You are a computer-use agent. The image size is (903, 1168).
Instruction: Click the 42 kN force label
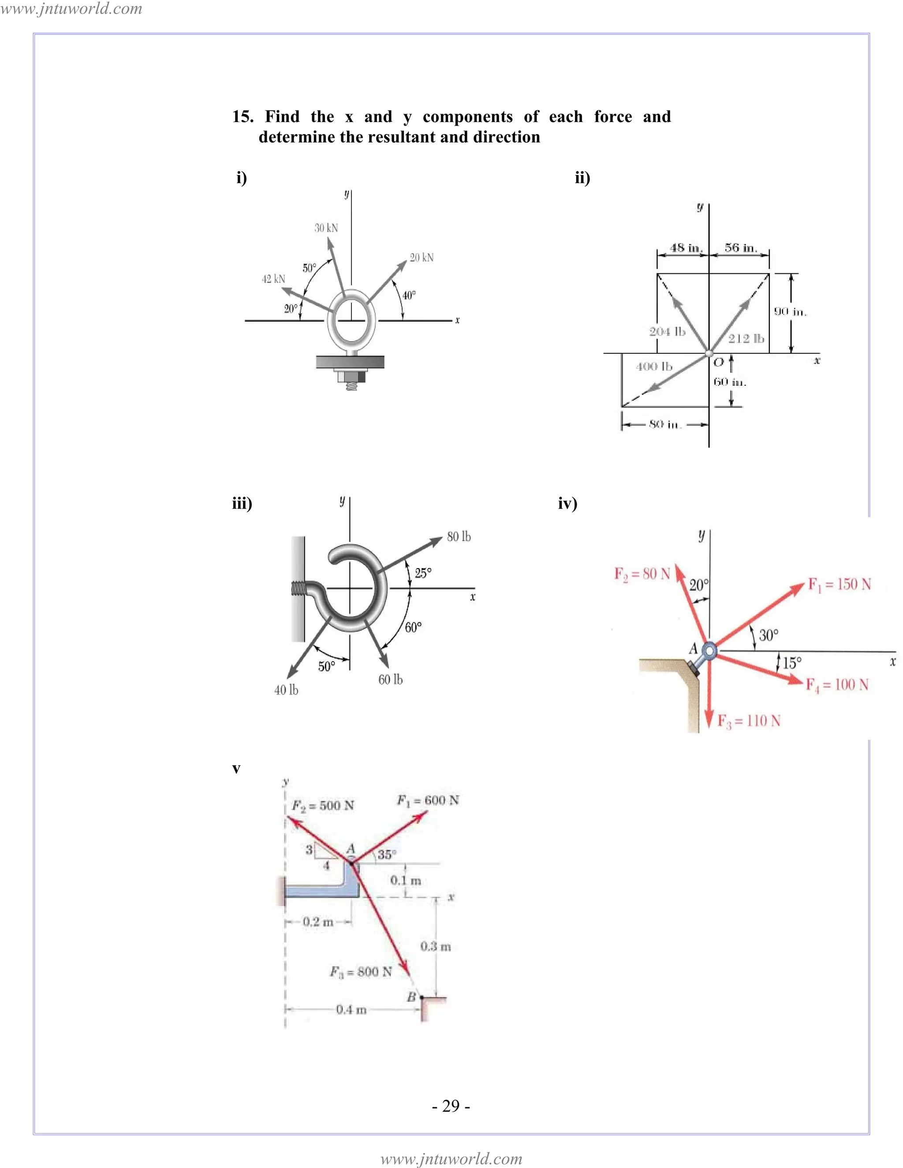[x=273, y=279]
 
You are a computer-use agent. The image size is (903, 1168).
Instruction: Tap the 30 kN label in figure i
[x=326, y=228]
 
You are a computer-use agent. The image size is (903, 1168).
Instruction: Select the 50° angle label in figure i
[x=309, y=268]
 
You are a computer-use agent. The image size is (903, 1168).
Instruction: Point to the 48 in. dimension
[x=685, y=248]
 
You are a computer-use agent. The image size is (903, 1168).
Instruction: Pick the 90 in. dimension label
[x=790, y=312]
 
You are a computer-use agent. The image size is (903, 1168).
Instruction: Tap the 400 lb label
[x=654, y=367]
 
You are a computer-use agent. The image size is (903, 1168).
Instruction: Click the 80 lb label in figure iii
[x=459, y=537]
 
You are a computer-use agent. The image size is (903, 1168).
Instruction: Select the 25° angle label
[x=422, y=573]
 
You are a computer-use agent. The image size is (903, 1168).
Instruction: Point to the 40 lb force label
[x=286, y=690]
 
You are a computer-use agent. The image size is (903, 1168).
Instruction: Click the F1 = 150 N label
[x=840, y=584]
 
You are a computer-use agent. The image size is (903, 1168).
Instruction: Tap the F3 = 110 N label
[x=749, y=722]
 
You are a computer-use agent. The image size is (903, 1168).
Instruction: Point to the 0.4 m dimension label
[x=351, y=1010]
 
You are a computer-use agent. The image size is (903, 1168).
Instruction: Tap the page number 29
[x=451, y=1106]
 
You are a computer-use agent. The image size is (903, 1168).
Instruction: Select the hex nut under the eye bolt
[x=351, y=376]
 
